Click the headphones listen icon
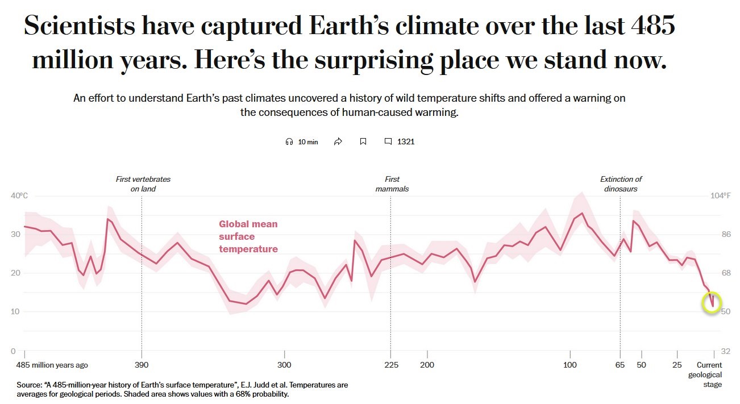click(x=289, y=141)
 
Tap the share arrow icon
click(x=338, y=141)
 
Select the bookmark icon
click(x=363, y=141)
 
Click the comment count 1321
click(x=406, y=141)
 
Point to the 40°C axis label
click(x=19, y=196)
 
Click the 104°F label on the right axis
click(x=721, y=196)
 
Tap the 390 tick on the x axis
click(x=142, y=365)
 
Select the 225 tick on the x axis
click(x=390, y=365)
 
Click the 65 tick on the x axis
click(x=620, y=365)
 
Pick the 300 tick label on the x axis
click(x=284, y=365)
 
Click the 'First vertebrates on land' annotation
click(x=143, y=184)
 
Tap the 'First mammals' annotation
click(x=392, y=184)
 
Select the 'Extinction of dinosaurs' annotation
click(x=621, y=184)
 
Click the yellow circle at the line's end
click(x=712, y=302)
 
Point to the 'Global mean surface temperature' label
click(x=248, y=236)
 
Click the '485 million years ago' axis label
click(x=52, y=365)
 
